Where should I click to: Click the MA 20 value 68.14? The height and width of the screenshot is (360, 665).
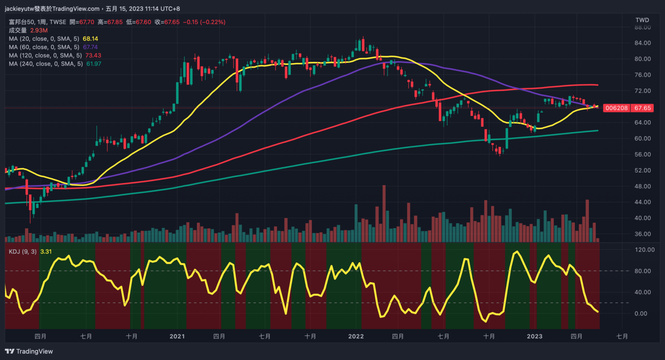pyautogui.click(x=90, y=39)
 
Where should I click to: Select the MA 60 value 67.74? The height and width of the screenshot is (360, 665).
pyautogui.click(x=90, y=47)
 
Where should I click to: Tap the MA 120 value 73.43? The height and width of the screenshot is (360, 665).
pyautogui.click(x=93, y=55)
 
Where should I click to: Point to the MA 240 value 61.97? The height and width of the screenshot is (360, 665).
pyautogui.click(x=94, y=64)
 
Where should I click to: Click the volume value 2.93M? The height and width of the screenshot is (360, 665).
pyautogui.click(x=39, y=30)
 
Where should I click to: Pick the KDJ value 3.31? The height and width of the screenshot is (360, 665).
pyautogui.click(x=46, y=252)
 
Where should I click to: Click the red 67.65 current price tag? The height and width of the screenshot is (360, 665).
pyautogui.click(x=642, y=108)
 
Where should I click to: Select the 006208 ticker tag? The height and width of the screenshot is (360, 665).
pyautogui.click(x=616, y=108)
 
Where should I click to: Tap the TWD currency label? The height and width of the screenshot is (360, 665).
pyautogui.click(x=642, y=20)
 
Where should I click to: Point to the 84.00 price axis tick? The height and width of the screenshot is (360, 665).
pyautogui.click(x=642, y=43)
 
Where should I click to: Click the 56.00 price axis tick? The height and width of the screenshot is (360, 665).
pyautogui.click(x=642, y=154)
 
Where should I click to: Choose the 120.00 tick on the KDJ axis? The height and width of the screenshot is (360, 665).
pyautogui.click(x=644, y=250)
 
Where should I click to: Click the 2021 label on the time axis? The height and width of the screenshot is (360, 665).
pyautogui.click(x=177, y=336)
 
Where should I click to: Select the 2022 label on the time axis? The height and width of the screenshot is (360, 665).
pyautogui.click(x=356, y=336)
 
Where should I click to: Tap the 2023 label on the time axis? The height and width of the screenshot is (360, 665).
pyautogui.click(x=534, y=336)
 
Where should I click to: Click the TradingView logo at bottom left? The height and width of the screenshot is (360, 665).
pyautogui.click(x=29, y=351)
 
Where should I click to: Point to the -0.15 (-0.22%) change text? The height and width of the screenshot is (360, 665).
pyautogui.click(x=204, y=22)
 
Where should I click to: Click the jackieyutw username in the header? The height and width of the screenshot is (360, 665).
pyautogui.click(x=19, y=9)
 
